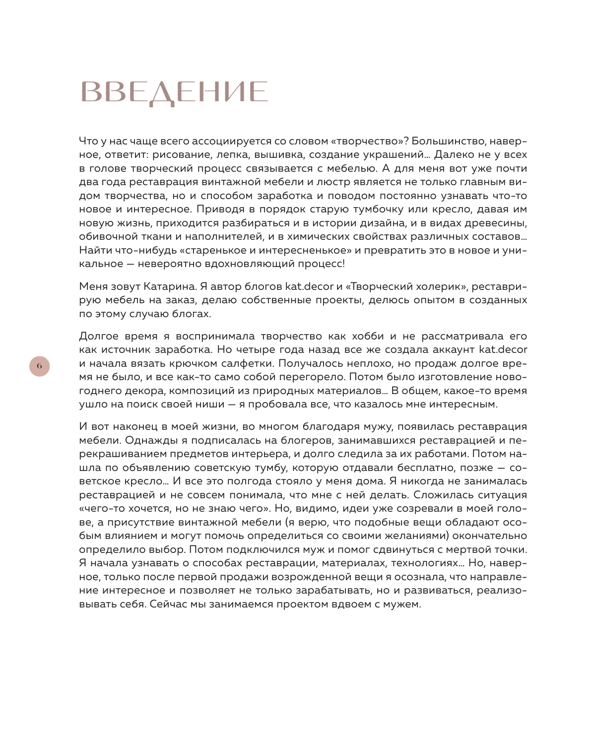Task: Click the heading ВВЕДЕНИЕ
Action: coord(174,93)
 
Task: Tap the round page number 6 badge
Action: coord(40,366)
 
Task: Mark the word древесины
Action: coord(500,223)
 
